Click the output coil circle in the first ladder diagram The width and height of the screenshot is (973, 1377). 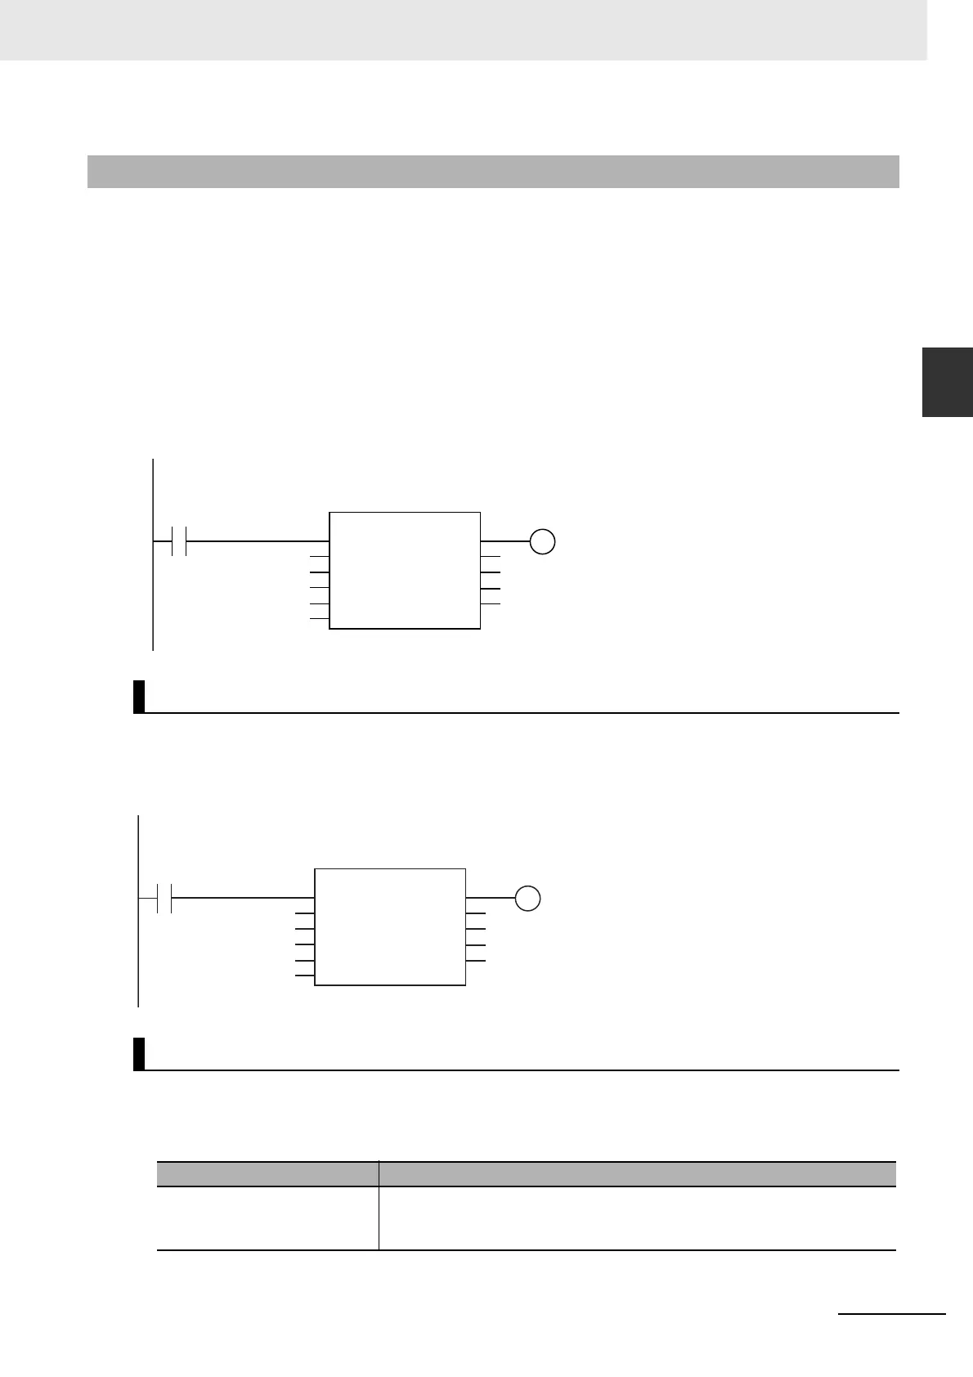pos(542,541)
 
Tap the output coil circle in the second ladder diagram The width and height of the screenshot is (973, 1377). pos(528,898)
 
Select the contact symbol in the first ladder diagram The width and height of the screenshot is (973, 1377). pos(179,541)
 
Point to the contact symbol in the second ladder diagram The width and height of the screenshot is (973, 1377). pos(164,898)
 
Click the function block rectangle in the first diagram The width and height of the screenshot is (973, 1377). pos(404,571)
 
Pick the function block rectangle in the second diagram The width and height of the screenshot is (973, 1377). pos(390,927)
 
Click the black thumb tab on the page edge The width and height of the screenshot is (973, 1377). pos(947,382)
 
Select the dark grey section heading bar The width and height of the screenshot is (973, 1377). pos(493,172)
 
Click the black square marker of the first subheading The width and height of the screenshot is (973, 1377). pos(139,697)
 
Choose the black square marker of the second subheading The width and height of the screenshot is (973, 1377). pos(139,1053)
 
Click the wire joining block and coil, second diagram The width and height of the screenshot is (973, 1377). pos(491,898)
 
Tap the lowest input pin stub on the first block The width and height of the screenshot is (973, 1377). pos(319,619)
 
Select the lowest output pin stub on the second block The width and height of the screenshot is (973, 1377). pos(476,960)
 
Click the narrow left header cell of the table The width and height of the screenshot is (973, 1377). pos(267,1173)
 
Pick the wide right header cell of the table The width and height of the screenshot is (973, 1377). pos(637,1173)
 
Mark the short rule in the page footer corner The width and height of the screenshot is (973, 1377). pos(892,1313)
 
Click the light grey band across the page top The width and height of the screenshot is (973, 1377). pos(463,29)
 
